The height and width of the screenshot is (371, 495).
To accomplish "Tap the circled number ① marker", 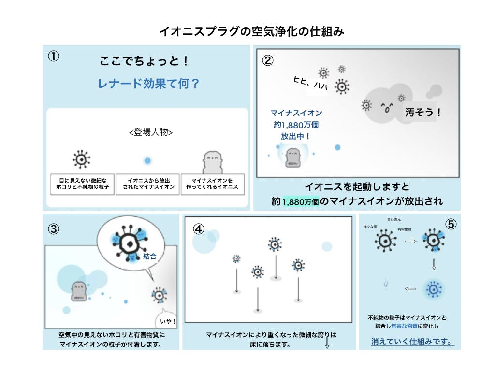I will pyautogui.click(x=54, y=56).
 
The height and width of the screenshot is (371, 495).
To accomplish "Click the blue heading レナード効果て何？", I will pyautogui.click(x=148, y=84).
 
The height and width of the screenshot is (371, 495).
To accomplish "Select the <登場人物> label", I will pyautogui.click(x=151, y=132).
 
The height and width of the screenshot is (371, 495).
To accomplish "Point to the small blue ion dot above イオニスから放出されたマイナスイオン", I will pyautogui.click(x=148, y=160).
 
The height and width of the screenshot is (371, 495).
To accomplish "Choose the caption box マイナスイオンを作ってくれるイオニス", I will pyautogui.click(x=212, y=184).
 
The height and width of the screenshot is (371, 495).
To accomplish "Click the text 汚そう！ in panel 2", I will pyautogui.click(x=423, y=113).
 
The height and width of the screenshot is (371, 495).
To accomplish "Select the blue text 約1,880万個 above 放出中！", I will pyautogui.click(x=296, y=125).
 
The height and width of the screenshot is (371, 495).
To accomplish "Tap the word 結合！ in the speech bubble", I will pyautogui.click(x=152, y=257).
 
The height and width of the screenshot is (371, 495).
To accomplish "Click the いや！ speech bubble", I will pyautogui.click(x=168, y=321).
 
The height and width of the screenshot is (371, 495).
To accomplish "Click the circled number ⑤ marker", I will pyautogui.click(x=450, y=225).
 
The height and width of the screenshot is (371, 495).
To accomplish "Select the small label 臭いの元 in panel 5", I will pyautogui.click(x=394, y=220).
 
